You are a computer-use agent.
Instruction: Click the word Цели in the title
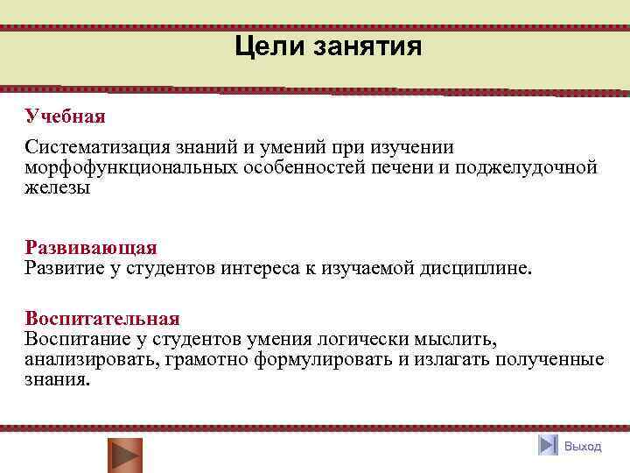(x=266, y=46)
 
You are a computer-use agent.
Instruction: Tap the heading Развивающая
(x=90, y=247)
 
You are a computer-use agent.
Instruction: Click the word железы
(x=57, y=186)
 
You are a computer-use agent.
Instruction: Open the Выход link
(x=583, y=447)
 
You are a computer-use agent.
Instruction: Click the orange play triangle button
(x=124, y=455)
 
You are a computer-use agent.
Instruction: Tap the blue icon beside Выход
(x=549, y=446)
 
